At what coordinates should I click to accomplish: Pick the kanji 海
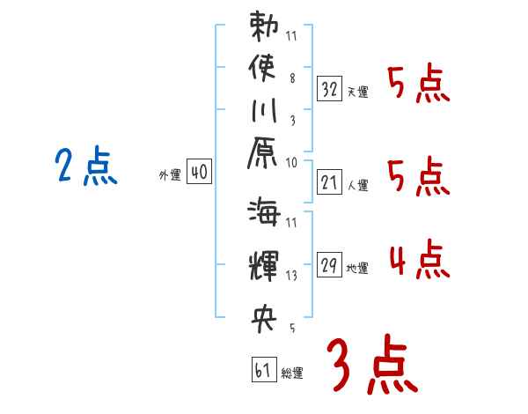click(264, 215)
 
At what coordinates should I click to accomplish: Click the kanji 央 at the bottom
click(264, 317)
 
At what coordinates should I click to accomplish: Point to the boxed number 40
click(199, 173)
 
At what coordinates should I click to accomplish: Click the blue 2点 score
click(85, 166)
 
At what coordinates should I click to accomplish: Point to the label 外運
click(170, 175)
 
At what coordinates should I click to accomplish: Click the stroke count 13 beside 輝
click(290, 276)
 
